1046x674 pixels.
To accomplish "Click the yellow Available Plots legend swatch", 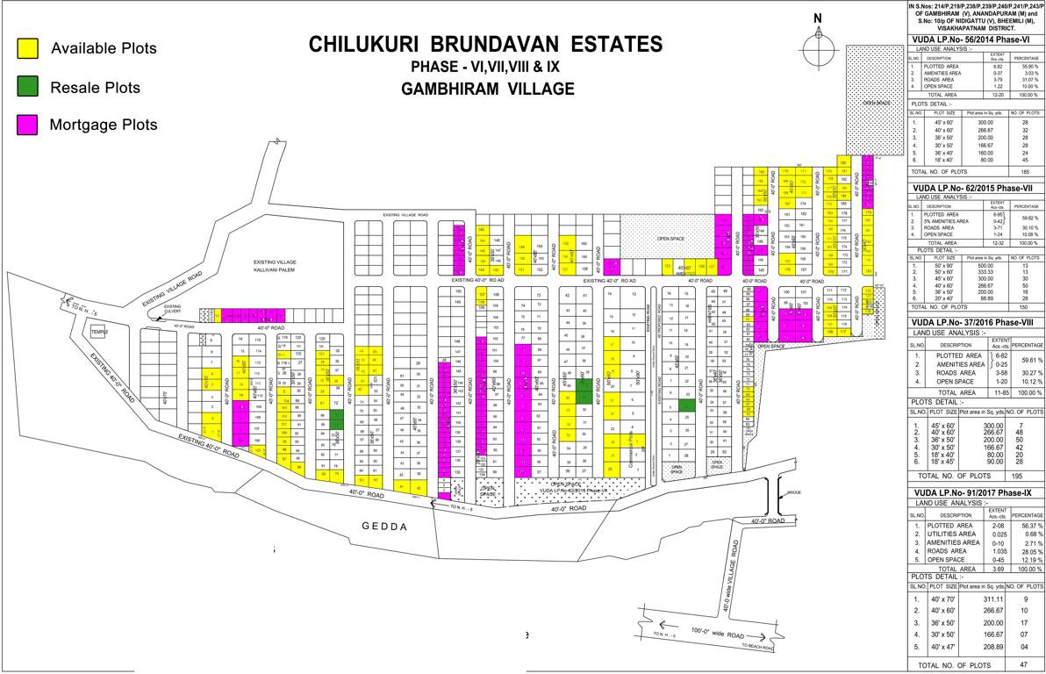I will point(28,48).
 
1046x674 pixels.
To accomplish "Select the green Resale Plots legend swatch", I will point(28,87).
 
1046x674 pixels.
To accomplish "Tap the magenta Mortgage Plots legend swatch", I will point(28,125).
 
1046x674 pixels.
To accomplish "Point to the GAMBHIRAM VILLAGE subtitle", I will point(487,89).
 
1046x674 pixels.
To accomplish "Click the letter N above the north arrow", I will point(818,19).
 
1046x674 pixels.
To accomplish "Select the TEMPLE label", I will point(98,332).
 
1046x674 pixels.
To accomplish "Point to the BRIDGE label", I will point(794,492).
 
